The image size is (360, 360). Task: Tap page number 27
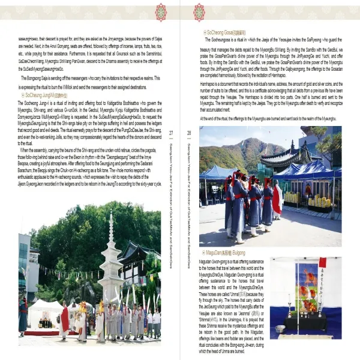[171, 149]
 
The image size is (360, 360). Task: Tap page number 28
[188, 149]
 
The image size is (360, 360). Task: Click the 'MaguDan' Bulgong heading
[223, 253]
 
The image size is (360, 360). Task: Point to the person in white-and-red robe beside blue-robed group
[277, 199]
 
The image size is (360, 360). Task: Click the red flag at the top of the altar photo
[322, 263]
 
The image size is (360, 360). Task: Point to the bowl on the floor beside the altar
[280, 328]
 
